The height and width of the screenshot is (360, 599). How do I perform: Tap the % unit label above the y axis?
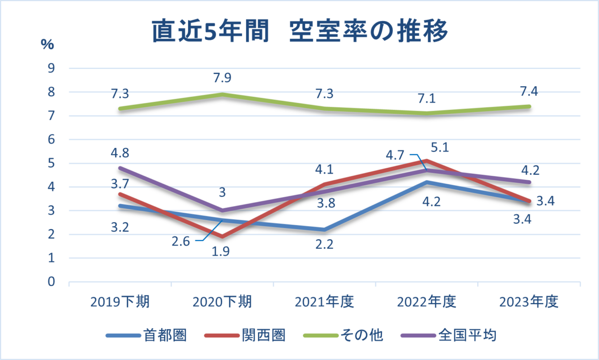(47, 44)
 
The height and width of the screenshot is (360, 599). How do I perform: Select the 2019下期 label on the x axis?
(120, 302)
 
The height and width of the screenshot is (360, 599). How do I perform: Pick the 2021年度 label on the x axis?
(324, 302)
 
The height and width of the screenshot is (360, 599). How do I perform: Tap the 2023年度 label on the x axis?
(528, 302)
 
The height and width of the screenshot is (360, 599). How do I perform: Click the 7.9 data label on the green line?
(222, 78)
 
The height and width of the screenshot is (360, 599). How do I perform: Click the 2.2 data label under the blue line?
(324, 245)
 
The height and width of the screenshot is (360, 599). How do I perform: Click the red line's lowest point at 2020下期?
(222, 236)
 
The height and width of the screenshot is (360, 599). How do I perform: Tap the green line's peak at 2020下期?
(222, 94)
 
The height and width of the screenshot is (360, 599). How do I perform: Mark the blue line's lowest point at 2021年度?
(324, 229)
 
